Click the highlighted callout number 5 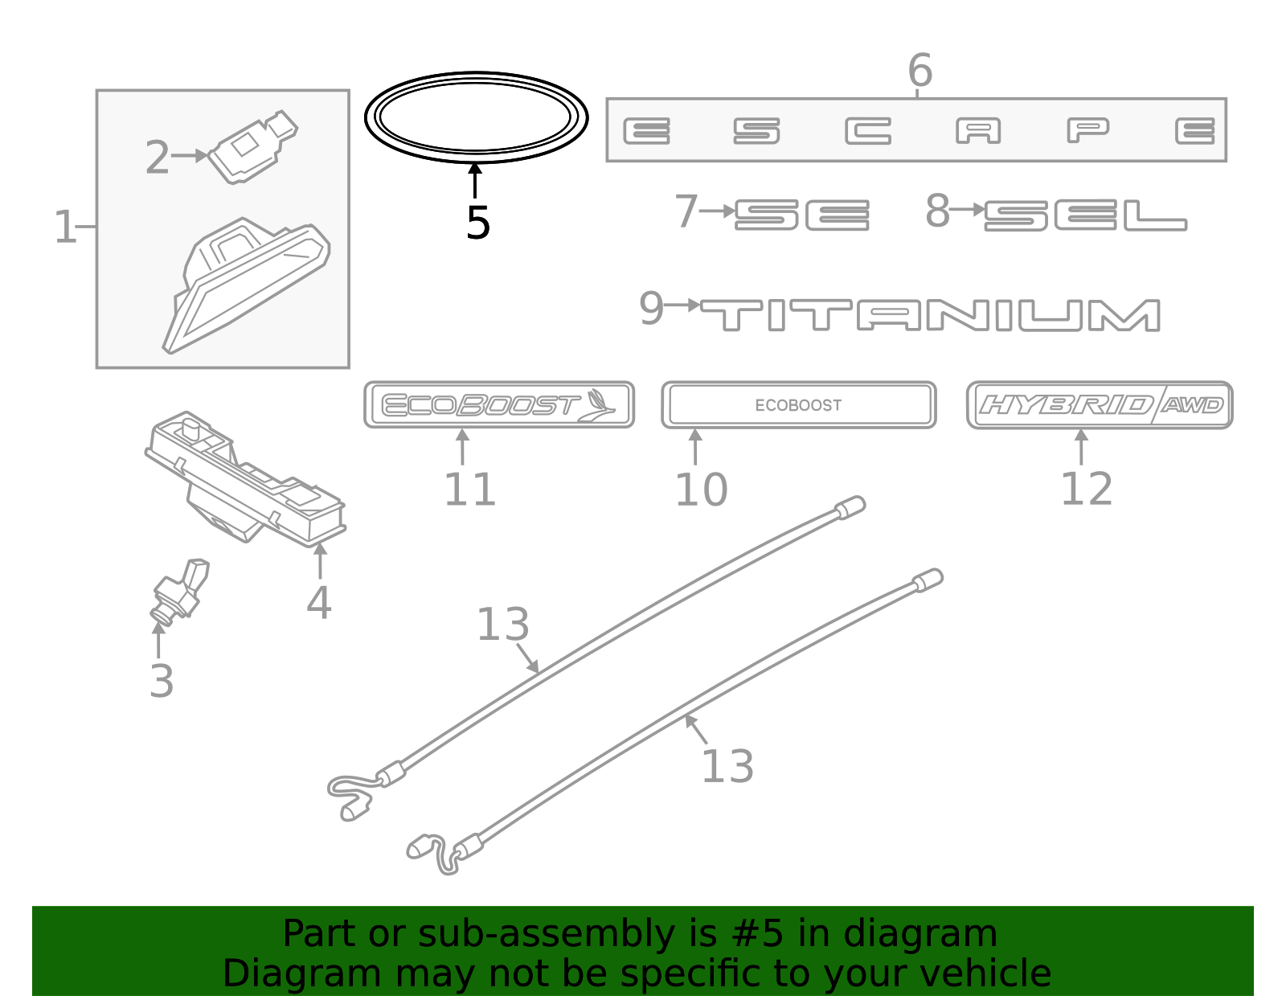[477, 223]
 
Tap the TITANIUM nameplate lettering [930, 315]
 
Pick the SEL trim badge [1085, 215]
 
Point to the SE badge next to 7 [802, 215]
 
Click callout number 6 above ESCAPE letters [919, 71]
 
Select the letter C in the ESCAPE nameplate [868, 130]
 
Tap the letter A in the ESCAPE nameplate [978, 130]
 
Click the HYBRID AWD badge [1099, 405]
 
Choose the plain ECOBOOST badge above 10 [798, 405]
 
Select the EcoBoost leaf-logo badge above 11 [499, 405]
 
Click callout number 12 [1086, 489]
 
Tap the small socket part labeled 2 [252, 146]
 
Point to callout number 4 [319, 602]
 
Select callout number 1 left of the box [64, 227]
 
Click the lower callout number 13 [727, 766]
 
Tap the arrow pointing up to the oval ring [476, 179]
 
